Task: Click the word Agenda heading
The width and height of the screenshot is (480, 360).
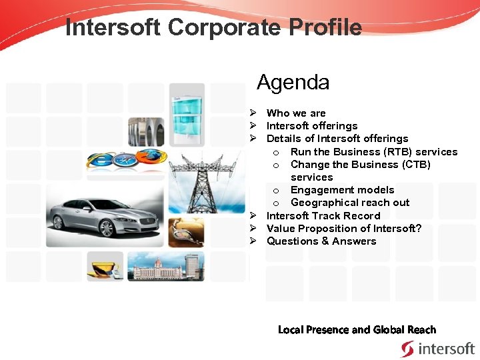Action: pyautogui.click(x=293, y=83)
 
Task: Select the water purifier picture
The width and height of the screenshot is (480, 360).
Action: pyautogui.click(x=187, y=110)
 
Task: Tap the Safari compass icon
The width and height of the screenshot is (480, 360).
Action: pyautogui.click(x=125, y=159)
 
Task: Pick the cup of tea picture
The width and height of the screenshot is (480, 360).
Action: pyautogui.click(x=105, y=267)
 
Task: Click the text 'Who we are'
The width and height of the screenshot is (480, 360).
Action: pyautogui.click(x=296, y=113)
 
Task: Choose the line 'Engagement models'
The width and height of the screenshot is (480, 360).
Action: pyautogui.click(x=342, y=190)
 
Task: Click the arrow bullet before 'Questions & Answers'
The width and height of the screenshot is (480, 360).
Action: pyautogui.click(x=254, y=241)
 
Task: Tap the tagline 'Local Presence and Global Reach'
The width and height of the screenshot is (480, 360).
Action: pyautogui.click(x=357, y=330)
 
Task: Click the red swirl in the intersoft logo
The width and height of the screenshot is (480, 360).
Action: pyautogui.click(x=407, y=349)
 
